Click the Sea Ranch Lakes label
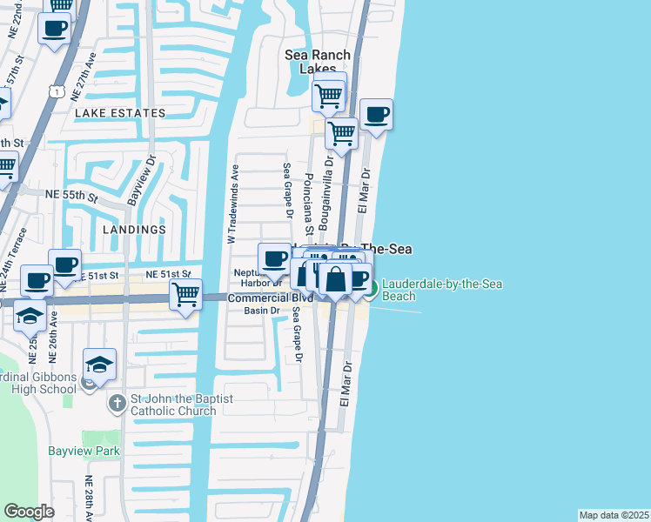318,62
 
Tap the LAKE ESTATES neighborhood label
120,113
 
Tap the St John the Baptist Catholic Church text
172,405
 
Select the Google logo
29,511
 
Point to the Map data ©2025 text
614,515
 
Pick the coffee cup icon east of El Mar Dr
376,114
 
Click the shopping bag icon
335,279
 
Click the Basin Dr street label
261,311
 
